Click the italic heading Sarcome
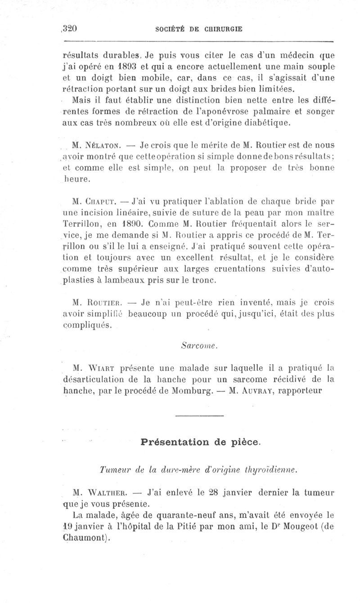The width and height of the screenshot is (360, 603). click(x=193, y=346)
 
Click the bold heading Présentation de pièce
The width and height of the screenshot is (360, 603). click(x=200, y=442)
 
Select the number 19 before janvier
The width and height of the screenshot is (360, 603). click(x=67, y=525)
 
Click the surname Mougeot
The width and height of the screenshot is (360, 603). click(x=283, y=525)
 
